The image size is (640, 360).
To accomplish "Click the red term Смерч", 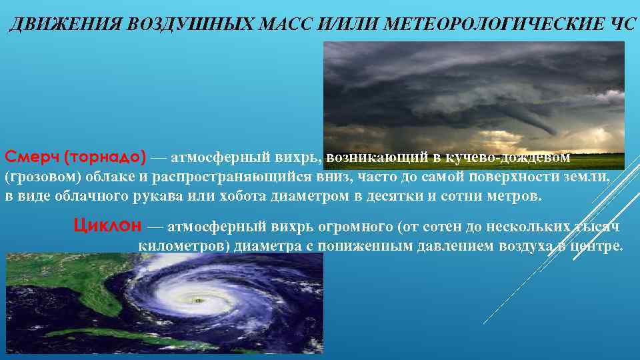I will (x=31, y=157).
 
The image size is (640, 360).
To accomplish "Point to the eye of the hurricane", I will (x=197, y=301).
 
